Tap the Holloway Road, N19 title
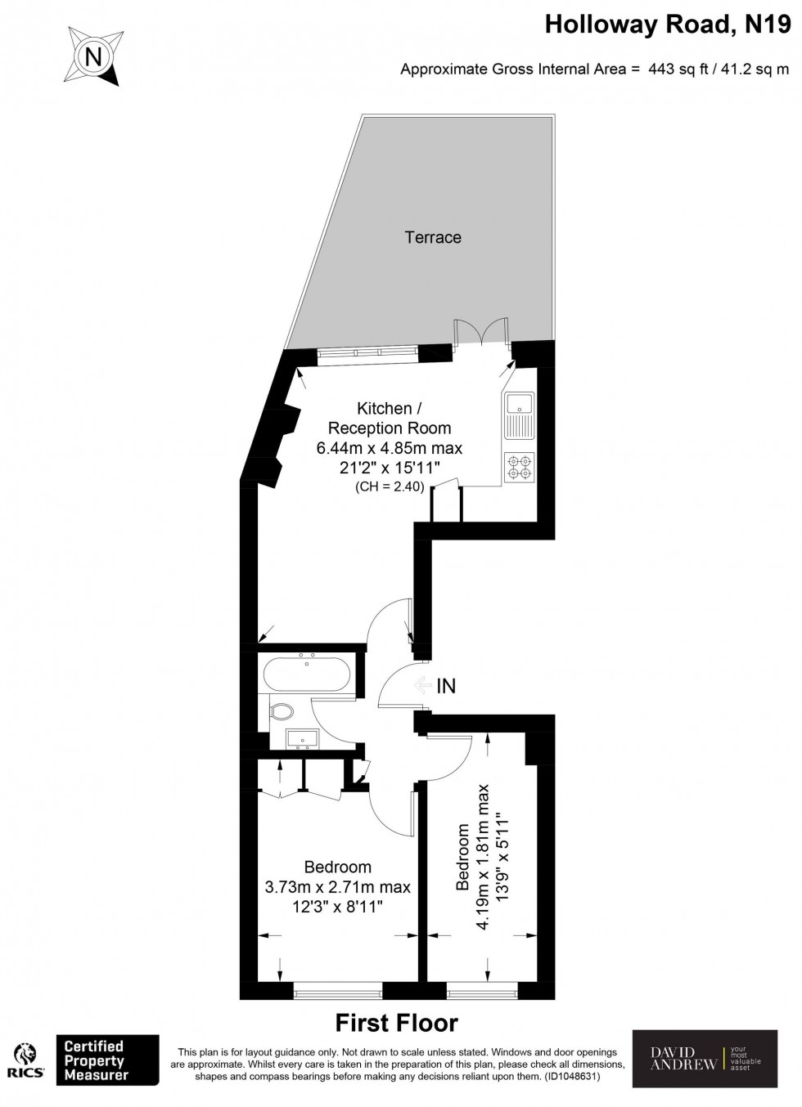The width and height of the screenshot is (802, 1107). [x=668, y=25]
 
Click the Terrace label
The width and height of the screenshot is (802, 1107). [x=433, y=237]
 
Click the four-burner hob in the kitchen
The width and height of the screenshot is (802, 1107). [x=520, y=466]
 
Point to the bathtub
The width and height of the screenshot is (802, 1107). [x=307, y=675]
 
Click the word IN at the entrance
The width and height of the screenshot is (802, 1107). [x=446, y=686]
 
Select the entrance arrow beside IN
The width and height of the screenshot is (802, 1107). [x=421, y=686]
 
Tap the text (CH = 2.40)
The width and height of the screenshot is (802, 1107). [x=390, y=487]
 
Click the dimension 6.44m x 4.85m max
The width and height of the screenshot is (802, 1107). [x=390, y=448]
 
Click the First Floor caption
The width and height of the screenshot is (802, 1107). [x=397, y=1023]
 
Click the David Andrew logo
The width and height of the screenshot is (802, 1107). [x=705, y=1059]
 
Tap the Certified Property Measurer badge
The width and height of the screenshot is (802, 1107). [x=106, y=1060]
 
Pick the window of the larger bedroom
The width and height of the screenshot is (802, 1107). [x=338, y=993]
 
